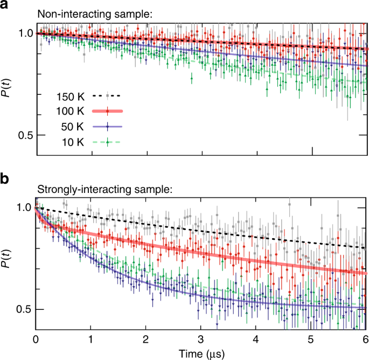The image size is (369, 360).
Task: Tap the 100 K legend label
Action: point(70,112)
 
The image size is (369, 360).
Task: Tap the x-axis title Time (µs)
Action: point(200,353)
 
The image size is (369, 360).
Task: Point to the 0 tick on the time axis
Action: point(36,340)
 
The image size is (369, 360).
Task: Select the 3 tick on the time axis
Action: point(200,340)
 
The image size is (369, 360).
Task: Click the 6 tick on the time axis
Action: point(365,340)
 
